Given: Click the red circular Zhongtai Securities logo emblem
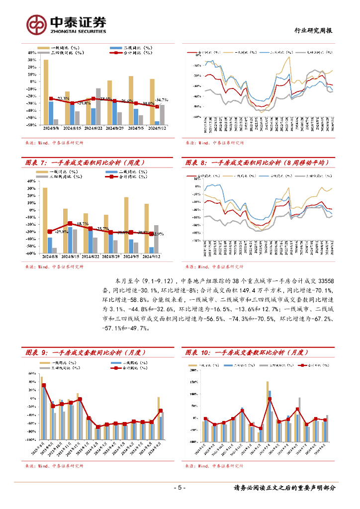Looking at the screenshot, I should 36,23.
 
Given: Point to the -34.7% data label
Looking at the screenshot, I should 162,100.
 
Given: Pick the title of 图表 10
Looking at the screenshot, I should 247,352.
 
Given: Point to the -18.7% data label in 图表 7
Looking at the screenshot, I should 82,224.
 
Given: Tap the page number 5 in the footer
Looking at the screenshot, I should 180,488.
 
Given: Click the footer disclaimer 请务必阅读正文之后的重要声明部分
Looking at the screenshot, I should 284,488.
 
